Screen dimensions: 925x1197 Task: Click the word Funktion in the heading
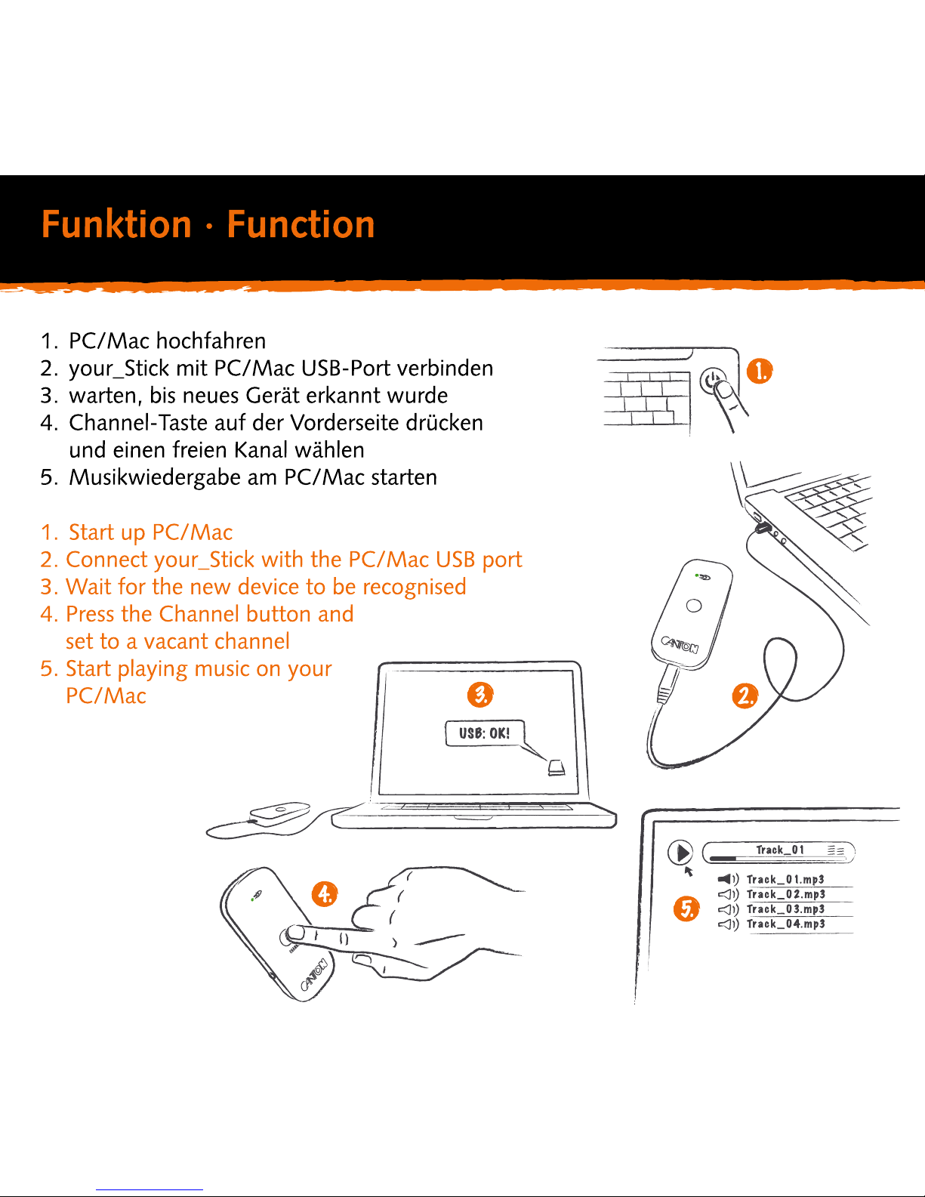(116, 224)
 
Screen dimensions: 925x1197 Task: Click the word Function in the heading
(301, 224)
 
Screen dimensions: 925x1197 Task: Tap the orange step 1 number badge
(760, 372)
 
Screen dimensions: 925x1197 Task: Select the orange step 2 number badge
(745, 696)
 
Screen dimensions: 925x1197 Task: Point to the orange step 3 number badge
(480, 694)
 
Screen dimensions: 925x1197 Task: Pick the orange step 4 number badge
(325, 893)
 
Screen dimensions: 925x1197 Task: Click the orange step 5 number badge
(686, 909)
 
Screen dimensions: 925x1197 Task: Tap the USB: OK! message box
(485, 733)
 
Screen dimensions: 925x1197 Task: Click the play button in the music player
(680, 853)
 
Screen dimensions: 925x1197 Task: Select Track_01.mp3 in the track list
(785, 880)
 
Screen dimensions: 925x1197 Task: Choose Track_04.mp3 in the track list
(786, 924)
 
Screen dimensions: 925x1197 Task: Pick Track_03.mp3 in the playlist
(786, 909)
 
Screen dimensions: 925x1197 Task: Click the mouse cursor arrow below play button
(688, 872)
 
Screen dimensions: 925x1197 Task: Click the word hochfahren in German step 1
(211, 341)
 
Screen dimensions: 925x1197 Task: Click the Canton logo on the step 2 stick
(680, 644)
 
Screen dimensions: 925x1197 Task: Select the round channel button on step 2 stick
(694, 606)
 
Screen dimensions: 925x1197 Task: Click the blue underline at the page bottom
(150, 1190)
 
